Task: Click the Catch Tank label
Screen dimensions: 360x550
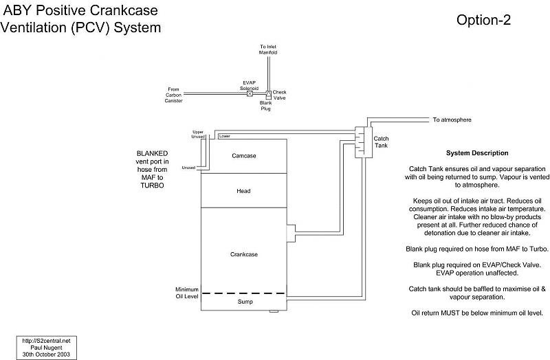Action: pos(381,143)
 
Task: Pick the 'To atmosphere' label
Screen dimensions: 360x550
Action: pos(452,120)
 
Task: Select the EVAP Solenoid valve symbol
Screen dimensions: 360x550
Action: pos(250,93)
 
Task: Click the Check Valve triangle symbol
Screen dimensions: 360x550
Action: pos(269,93)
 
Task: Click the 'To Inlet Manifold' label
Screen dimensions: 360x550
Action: pos(269,50)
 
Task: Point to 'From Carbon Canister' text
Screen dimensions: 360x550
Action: pos(173,94)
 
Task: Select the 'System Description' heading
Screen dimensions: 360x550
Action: pos(476,153)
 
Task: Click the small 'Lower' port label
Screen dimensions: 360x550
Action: pos(224,136)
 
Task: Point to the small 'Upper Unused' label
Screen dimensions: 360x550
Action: pos(198,133)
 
